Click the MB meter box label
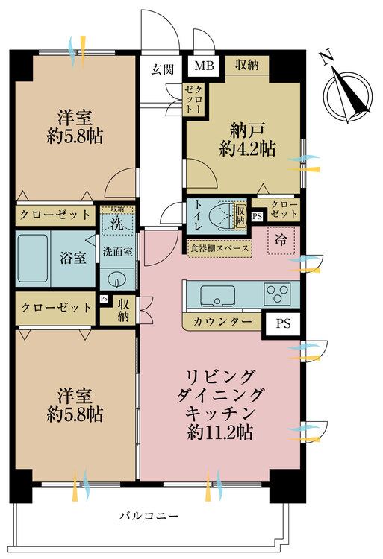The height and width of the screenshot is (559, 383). coord(204,66)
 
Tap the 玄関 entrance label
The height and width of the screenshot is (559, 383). coord(163,69)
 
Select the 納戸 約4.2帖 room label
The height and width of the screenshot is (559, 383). coord(247,139)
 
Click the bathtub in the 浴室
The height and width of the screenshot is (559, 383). coord(33,258)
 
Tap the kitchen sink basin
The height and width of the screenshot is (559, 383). coord(217,296)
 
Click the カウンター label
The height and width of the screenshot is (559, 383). coord(222,322)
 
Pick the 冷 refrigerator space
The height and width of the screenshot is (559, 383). coord(281,241)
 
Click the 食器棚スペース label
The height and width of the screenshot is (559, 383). coord(219,248)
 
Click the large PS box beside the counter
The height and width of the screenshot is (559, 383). coord(283,323)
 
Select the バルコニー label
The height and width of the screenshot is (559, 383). coord(149,516)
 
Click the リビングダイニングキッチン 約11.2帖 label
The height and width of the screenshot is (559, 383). coord(220,405)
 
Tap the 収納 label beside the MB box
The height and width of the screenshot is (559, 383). coord(246,65)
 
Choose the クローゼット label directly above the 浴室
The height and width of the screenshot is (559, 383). coord(55,215)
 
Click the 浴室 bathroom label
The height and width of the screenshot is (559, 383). coord(73,258)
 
